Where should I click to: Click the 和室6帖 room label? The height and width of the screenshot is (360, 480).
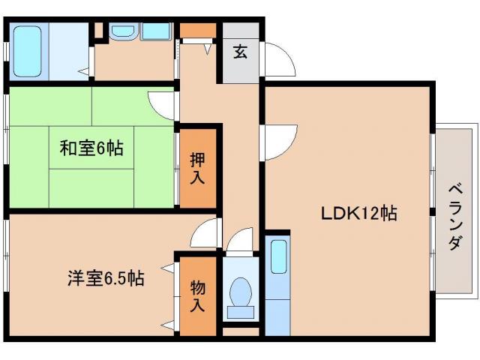coord(91,148)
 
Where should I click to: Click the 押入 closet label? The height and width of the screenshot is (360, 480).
coord(196,169)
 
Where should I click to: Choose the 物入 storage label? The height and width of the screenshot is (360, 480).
coord(196,295)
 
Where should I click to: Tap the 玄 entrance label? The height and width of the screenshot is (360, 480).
coord(240,52)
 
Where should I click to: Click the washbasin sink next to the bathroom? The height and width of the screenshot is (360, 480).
coord(122,32)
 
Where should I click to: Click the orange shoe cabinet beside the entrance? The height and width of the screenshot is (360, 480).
coord(197,31)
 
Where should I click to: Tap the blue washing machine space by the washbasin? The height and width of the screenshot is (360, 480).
coord(157,32)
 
